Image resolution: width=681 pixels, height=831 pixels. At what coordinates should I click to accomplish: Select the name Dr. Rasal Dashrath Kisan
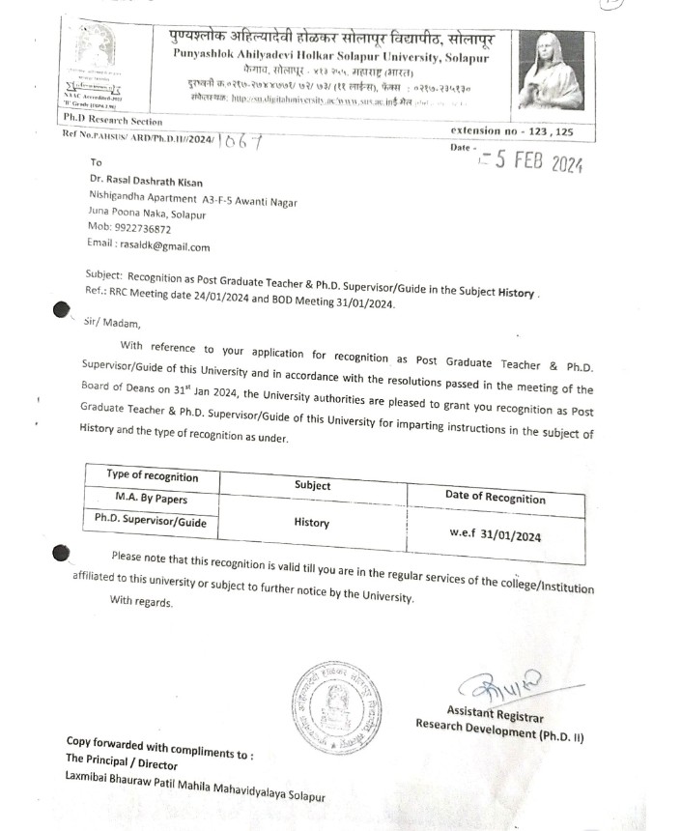click(145, 183)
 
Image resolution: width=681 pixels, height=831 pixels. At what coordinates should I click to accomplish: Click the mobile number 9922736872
click(143, 230)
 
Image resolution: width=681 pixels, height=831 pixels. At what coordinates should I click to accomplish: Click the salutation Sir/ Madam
click(112, 324)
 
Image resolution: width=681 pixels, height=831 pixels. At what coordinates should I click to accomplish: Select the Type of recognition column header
click(153, 477)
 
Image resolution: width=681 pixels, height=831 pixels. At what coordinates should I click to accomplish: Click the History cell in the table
click(311, 523)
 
